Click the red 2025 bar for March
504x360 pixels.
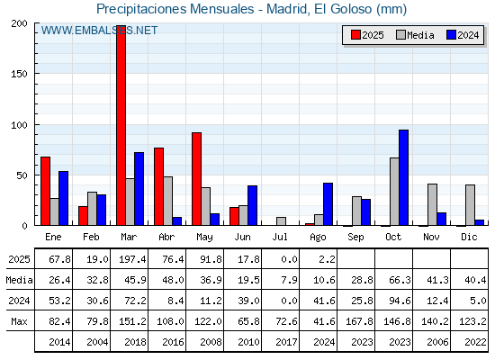pos(121,125)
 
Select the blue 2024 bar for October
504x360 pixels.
pos(404,177)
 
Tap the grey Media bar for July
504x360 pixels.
pos(281,221)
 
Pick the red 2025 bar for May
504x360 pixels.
pos(197,179)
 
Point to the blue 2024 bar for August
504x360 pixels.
pos(328,204)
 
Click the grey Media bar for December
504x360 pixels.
pos(470,205)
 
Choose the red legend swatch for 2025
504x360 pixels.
pos(355,35)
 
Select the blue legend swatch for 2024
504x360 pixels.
pos(451,35)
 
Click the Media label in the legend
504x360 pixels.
pos(420,35)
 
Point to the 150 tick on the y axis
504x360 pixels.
pos(19,74)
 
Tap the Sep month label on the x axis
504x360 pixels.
pos(355,238)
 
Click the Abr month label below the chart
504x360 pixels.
pos(166,238)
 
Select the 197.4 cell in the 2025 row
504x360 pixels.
pos(132,259)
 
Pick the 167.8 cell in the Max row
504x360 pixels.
pos(359,321)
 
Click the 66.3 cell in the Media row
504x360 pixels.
pos(400,280)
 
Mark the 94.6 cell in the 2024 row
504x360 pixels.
pos(400,301)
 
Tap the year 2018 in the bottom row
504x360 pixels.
pos(135,342)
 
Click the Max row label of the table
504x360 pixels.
pos(19,321)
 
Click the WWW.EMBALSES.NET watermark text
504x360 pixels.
pos(99,31)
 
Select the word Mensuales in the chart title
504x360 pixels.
pos(221,9)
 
